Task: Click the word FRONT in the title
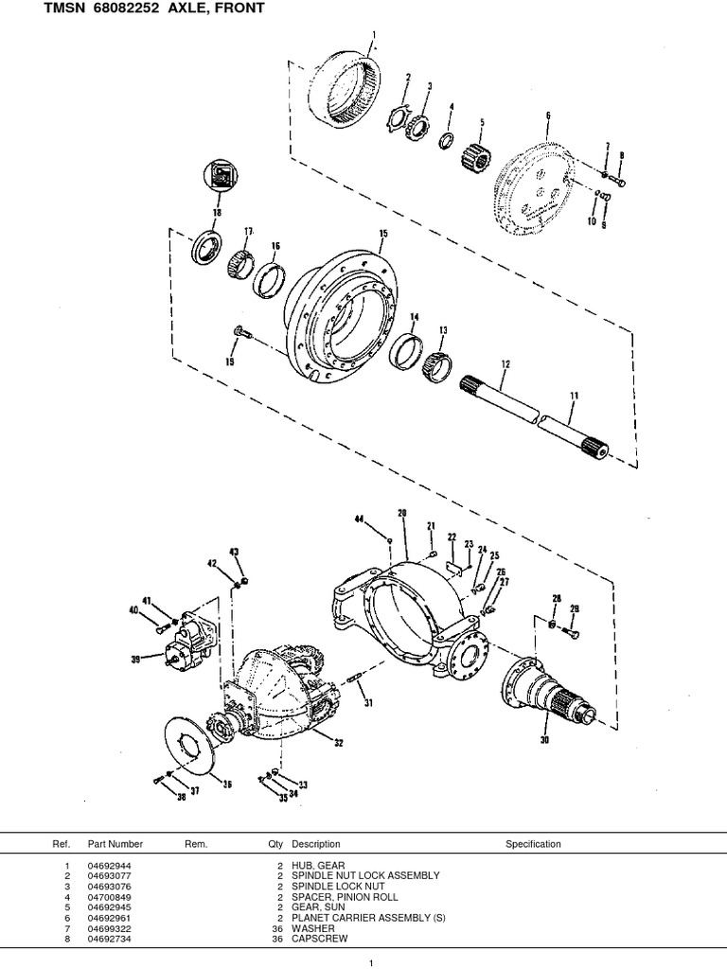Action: [x=232, y=9]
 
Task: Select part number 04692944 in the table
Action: [x=111, y=866]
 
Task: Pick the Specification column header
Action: [x=533, y=844]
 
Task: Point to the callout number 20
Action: [x=402, y=513]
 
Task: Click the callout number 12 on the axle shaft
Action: [x=505, y=363]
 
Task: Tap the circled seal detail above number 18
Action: [x=219, y=177]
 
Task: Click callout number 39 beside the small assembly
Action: [x=135, y=660]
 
